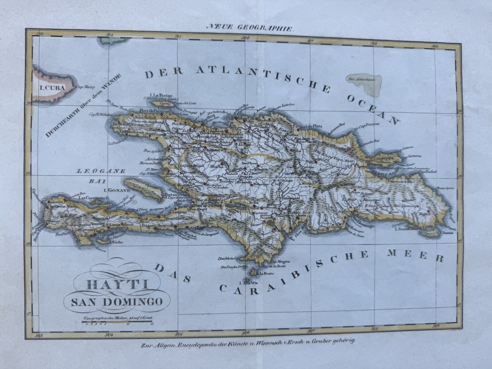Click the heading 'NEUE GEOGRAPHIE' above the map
click(249, 27)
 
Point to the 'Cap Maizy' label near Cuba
click(86, 87)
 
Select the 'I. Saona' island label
click(403, 229)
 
